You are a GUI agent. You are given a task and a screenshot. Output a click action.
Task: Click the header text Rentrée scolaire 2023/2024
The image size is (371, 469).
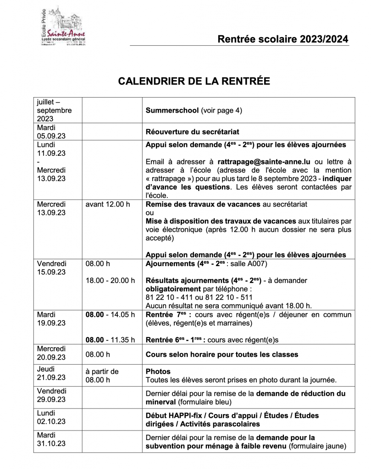pos(282,39)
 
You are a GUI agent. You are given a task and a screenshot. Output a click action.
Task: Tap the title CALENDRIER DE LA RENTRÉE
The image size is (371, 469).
pos(194,81)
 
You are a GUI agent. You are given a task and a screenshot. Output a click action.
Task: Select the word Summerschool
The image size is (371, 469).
pos(172,110)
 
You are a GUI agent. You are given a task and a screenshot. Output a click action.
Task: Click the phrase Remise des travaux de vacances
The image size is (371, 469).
pos(203,204)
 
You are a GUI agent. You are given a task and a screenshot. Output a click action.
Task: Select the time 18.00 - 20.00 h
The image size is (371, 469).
pos(110,280)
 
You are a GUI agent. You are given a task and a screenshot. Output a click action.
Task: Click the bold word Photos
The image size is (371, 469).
pos(158,371)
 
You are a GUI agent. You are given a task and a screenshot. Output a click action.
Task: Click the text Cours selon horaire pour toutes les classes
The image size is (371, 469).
pos(221,354)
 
